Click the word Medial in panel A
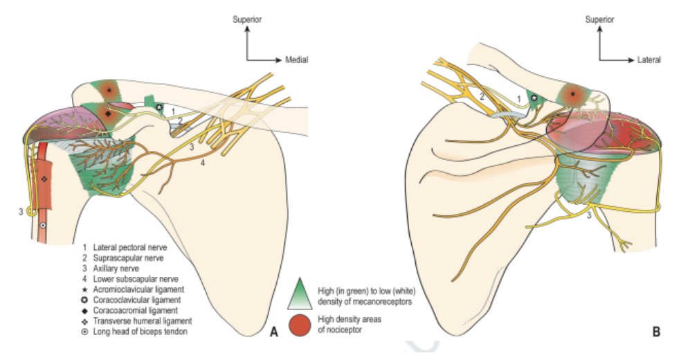coord(297,60)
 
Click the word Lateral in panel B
coord(649,60)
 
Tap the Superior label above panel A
coord(247,19)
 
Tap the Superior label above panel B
coord(600,19)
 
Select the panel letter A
coord(274,332)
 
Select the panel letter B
coord(656,332)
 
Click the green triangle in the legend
coord(300,294)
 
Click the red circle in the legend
coord(300,325)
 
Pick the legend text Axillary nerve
coord(116,269)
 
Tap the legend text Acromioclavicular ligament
coord(138,290)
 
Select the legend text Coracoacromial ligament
coord(136,311)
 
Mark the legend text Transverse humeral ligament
coord(143,321)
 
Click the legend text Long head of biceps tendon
coord(140,332)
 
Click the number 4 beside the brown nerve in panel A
coord(202,163)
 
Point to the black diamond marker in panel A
coord(108,114)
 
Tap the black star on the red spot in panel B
coord(572,93)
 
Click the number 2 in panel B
coord(481,97)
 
